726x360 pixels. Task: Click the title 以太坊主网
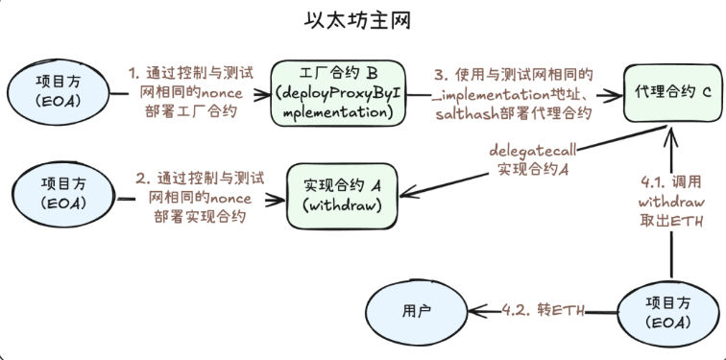[357, 21]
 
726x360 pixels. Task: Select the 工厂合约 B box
[337, 93]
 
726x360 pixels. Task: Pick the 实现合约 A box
[342, 196]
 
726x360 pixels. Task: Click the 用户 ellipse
[417, 310]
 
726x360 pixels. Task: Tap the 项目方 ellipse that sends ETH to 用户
[668, 312]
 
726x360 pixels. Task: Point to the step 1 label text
[192, 92]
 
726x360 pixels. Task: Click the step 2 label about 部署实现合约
[200, 198]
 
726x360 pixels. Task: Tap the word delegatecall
[532, 152]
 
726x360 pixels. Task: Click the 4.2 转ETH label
[544, 310]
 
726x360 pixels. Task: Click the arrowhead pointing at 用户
[477, 310]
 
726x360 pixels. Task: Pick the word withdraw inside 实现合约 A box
[342, 205]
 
